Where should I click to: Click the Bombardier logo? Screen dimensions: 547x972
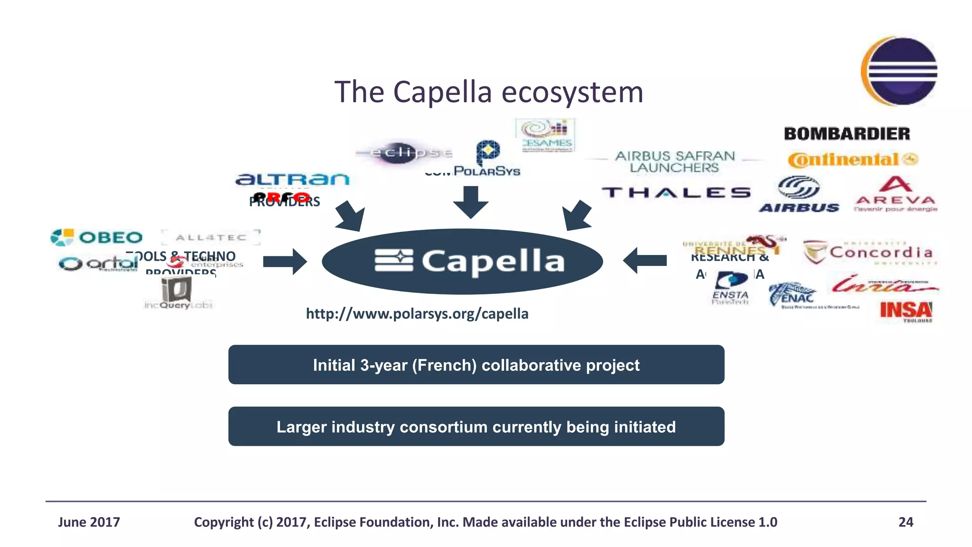[847, 134]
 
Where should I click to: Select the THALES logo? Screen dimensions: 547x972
[676, 192]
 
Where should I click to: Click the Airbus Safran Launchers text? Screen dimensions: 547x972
[675, 161]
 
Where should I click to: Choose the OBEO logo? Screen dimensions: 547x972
[97, 237]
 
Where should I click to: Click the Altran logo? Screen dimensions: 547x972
[292, 179]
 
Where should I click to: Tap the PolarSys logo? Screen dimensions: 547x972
[487, 159]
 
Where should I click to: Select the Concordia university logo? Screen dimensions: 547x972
[868, 252]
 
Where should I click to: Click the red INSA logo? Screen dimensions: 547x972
[906, 311]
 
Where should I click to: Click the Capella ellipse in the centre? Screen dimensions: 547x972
[462, 261]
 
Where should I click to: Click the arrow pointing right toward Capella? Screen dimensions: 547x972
[285, 261]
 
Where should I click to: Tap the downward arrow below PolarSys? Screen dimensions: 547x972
[470, 202]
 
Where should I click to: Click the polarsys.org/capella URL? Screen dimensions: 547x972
[417, 314]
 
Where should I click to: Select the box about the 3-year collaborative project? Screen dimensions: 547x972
[476, 365]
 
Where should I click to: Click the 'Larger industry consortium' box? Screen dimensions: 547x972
[476, 426]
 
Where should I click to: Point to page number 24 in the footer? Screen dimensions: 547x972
[906, 522]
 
